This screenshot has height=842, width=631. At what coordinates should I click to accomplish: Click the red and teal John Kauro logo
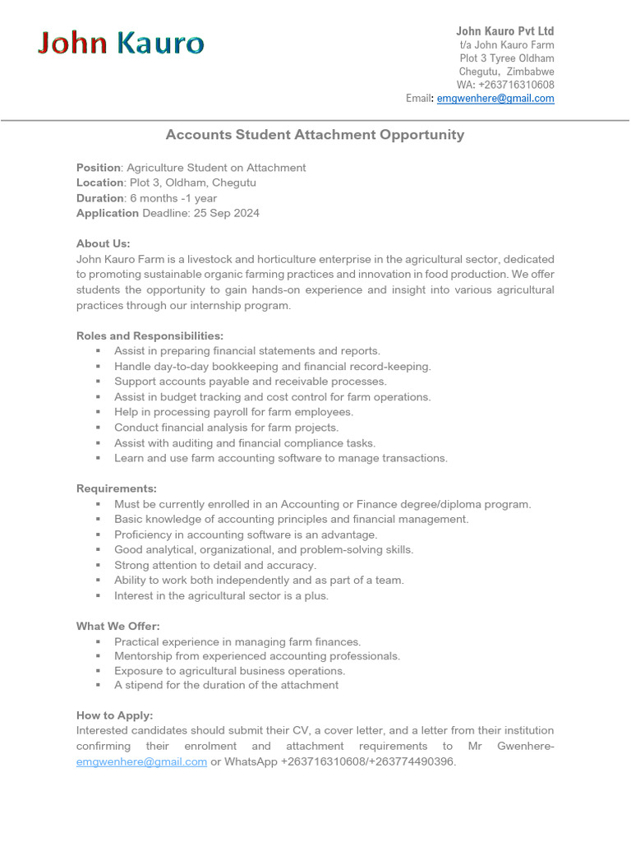(x=121, y=43)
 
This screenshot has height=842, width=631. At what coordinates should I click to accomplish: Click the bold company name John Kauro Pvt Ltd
(x=504, y=31)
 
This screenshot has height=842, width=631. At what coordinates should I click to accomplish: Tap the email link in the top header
(x=495, y=98)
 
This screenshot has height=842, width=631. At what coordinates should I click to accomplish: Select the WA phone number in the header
(x=517, y=85)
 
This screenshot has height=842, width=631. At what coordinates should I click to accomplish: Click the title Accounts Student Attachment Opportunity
(x=315, y=135)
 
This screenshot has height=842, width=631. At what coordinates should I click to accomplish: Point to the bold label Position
(x=98, y=168)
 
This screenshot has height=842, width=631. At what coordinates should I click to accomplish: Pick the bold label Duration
(x=99, y=198)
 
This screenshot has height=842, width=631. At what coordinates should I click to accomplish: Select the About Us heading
(x=104, y=243)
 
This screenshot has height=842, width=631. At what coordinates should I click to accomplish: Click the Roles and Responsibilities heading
(x=150, y=335)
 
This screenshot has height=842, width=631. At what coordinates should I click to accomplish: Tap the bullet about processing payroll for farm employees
(x=233, y=412)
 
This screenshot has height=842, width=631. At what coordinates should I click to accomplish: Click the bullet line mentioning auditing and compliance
(x=244, y=442)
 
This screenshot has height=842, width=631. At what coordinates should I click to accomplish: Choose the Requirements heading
(x=116, y=488)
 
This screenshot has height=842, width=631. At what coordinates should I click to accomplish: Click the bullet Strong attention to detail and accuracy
(x=214, y=565)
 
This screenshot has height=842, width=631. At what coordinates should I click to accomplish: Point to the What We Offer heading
(x=118, y=626)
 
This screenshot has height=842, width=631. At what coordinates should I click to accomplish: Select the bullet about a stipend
(x=226, y=684)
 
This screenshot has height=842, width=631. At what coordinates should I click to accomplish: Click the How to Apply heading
(x=114, y=715)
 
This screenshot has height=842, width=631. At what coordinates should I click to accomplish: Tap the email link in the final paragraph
(x=141, y=761)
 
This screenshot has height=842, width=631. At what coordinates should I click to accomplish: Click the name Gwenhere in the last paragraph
(x=524, y=746)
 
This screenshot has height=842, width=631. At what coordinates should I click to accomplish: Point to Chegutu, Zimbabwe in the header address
(x=506, y=72)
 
